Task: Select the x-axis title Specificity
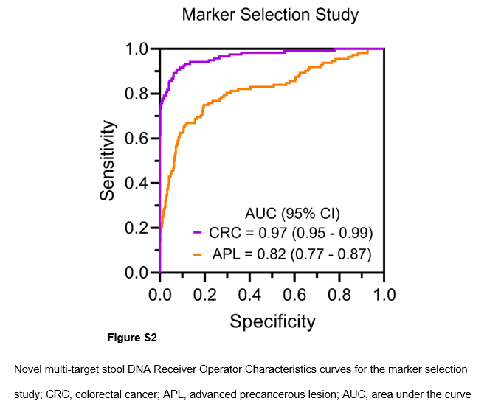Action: [x=272, y=321]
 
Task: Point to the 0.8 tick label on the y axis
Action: [x=137, y=94]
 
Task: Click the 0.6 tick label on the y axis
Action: [x=137, y=139]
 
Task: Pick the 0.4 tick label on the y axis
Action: [x=137, y=184]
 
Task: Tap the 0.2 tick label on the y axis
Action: [x=137, y=228]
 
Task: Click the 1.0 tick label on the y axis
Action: [x=137, y=49]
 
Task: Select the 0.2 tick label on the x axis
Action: [x=204, y=295]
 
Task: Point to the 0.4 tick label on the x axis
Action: [x=249, y=295]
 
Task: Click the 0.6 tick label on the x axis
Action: [x=294, y=295]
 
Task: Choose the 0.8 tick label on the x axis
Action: [x=339, y=295]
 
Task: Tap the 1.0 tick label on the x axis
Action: [x=383, y=295]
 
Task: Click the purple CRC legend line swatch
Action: [x=198, y=234]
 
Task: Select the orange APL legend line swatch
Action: [x=198, y=254]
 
